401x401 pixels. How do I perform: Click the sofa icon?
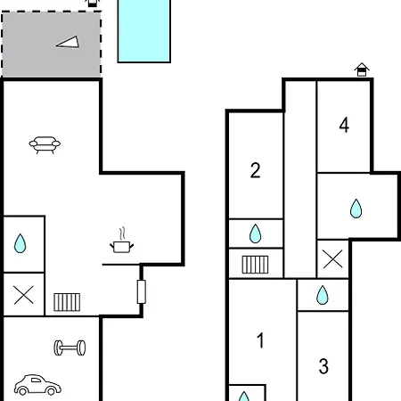point(45,144)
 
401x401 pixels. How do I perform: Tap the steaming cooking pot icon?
point(121,241)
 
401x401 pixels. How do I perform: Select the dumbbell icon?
point(70,348)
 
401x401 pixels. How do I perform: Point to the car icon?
point(37,385)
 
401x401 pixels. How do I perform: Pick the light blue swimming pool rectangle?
point(144,30)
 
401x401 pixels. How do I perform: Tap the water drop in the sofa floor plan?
point(20,243)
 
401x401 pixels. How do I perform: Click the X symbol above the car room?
point(23,295)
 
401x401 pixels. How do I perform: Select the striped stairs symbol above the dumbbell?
point(67,302)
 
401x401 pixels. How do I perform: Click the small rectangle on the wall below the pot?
point(142,291)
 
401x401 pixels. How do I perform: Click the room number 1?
point(260,340)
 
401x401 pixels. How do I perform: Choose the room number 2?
point(255,170)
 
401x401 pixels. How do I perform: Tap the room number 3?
point(323,366)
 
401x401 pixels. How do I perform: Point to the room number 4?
point(344,125)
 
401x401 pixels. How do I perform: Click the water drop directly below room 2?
point(256,233)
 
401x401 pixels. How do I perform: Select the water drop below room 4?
point(356,209)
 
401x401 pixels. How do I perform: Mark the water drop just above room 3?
point(323,295)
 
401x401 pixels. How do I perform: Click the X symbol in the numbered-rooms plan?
point(332,259)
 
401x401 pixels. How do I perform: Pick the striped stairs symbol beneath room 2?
point(255,265)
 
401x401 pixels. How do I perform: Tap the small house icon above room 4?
point(362,70)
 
